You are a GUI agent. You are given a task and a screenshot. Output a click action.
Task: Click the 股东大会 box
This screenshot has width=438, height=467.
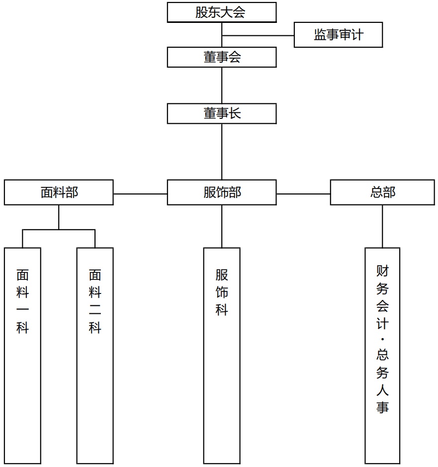point(222,12)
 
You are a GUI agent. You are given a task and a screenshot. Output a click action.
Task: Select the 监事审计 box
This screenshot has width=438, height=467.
point(338,35)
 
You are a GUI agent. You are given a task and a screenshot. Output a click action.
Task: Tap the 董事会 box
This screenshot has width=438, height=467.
point(222,57)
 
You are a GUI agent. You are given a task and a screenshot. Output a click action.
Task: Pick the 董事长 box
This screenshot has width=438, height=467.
point(222,113)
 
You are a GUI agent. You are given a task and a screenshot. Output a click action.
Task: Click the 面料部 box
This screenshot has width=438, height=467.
point(59,192)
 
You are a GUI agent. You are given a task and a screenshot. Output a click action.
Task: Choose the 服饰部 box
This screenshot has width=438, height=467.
point(222,192)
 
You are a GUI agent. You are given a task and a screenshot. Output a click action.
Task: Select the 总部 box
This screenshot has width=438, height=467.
point(382,192)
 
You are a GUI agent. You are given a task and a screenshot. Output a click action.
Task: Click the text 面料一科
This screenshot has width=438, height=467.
point(23,301)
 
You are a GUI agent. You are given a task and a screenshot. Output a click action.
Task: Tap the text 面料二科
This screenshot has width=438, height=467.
point(95,301)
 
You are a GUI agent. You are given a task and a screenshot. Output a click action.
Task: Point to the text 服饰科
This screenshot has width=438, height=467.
point(222,292)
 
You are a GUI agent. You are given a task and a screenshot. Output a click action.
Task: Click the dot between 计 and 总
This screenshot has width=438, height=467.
point(383,339)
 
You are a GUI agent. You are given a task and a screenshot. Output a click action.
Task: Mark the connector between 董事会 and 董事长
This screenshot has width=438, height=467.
point(222,86)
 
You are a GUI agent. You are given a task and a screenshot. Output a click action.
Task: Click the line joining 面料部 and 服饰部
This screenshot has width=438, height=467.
point(140,194)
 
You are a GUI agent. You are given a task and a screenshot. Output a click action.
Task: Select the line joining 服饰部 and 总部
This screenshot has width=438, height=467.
point(303,194)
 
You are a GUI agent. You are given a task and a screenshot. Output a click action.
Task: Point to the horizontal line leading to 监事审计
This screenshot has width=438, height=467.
point(258,36)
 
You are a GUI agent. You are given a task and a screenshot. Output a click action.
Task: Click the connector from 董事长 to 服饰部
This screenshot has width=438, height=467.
point(222,152)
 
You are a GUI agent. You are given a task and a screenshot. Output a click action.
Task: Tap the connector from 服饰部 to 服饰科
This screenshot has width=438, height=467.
point(222,226)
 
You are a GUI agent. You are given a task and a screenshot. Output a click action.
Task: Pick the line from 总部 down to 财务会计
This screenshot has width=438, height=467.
point(383,226)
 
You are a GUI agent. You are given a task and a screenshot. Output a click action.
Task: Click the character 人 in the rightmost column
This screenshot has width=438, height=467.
point(383,390)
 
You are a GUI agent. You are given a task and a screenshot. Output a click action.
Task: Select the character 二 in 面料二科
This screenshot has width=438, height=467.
point(95,310)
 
